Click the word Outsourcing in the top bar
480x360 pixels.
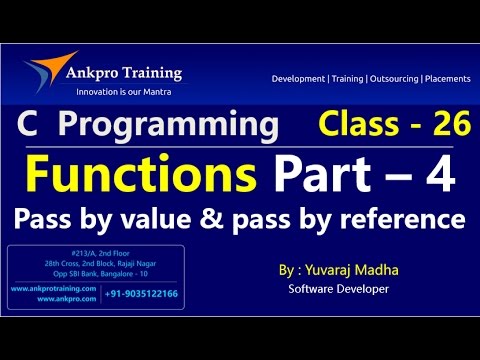pyautogui.click(x=389, y=78)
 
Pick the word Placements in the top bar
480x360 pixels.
pyautogui.click(x=446, y=78)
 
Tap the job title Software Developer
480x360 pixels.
pyautogui.click(x=338, y=290)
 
